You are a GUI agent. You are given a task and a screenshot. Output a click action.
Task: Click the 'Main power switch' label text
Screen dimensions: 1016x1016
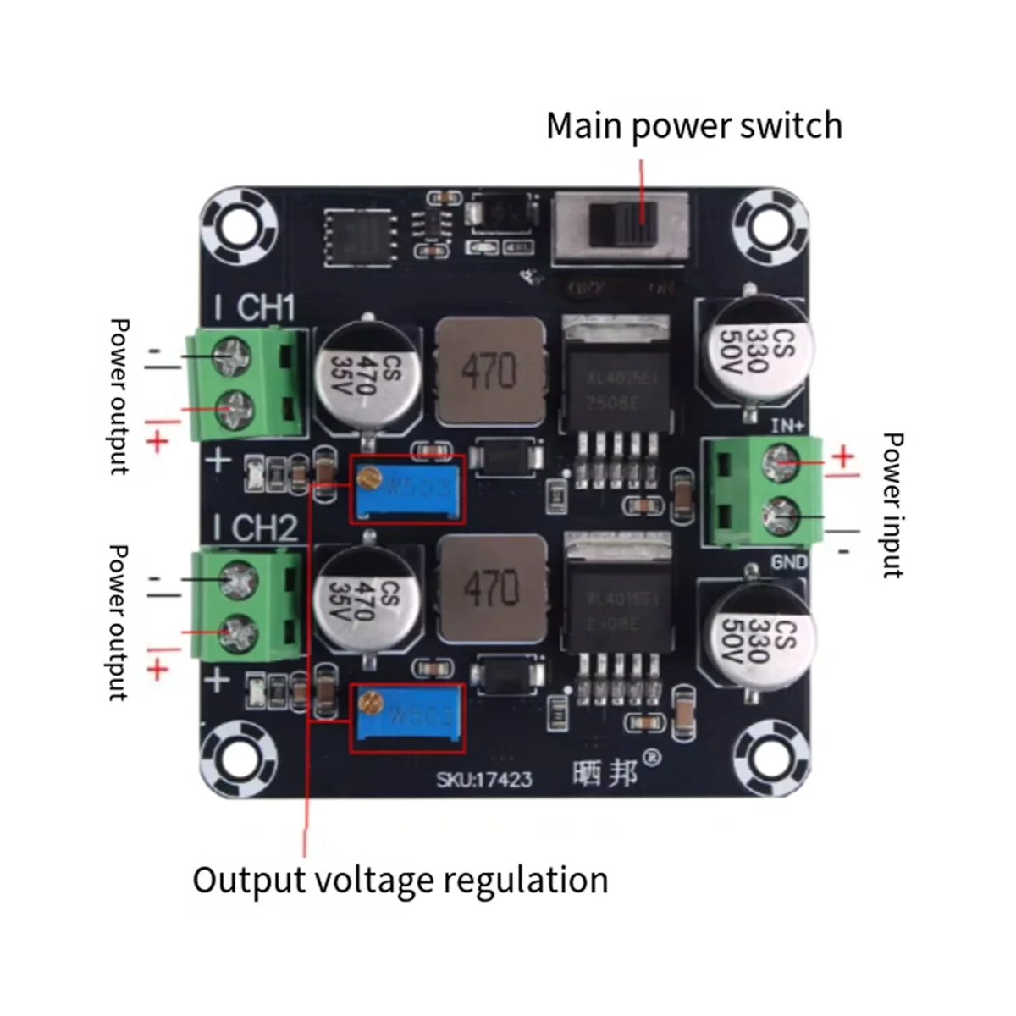point(694,126)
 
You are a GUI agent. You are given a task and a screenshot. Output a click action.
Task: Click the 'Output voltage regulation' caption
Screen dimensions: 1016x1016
point(400,880)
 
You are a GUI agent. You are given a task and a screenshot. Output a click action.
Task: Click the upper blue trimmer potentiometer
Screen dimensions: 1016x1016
point(408,489)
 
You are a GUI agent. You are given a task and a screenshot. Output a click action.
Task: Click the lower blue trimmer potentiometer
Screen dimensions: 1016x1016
point(408,718)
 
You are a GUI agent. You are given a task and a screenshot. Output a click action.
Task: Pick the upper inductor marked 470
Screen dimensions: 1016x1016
point(489,370)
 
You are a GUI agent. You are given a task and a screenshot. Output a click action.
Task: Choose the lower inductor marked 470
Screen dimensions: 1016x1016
point(491,588)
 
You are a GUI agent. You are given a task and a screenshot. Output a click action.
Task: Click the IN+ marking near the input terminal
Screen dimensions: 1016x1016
point(787,425)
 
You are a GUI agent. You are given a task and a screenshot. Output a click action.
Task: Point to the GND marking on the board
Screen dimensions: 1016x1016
point(789,561)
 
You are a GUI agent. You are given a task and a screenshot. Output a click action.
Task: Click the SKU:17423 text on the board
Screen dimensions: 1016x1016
point(484,779)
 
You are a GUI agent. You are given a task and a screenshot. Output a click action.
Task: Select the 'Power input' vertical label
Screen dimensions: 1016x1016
point(892,505)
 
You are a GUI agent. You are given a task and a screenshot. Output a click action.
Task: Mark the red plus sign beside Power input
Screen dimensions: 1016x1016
point(843,458)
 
